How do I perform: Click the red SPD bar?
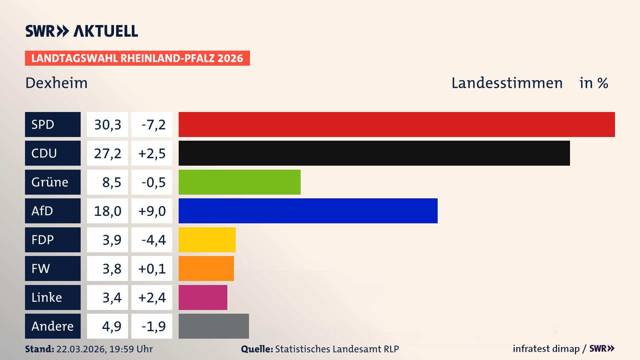[x=397, y=124]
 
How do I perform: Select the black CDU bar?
[x=374, y=153]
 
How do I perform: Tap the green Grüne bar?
[x=239, y=182]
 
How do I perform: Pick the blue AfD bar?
[x=308, y=211]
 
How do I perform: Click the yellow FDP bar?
[x=207, y=240]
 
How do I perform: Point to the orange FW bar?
[x=206, y=268]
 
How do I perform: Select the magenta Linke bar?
[x=203, y=297]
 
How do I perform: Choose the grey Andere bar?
[x=214, y=326]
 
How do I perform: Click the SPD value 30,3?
[x=107, y=125]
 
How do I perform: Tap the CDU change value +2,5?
[x=152, y=153]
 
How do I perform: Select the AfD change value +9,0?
[x=152, y=211]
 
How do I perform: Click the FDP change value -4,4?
[x=153, y=240]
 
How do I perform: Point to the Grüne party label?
[x=50, y=182]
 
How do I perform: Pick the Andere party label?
[x=52, y=326]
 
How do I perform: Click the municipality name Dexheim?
[x=56, y=83]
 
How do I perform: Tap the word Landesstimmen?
[x=507, y=83]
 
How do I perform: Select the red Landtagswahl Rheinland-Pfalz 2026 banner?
[x=137, y=58]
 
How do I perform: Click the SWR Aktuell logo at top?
[x=81, y=31]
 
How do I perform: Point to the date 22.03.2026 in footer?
[x=81, y=349]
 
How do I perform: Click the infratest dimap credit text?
[x=546, y=349]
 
